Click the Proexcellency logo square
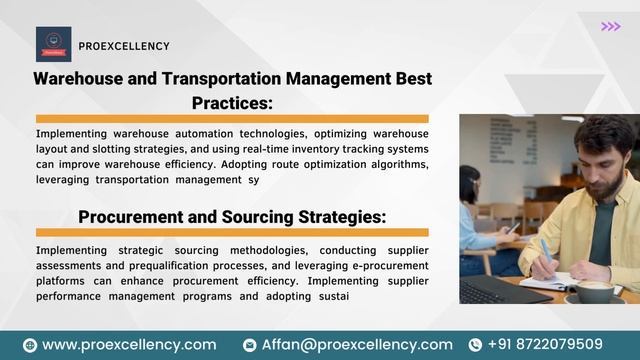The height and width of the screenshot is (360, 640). point(53,44)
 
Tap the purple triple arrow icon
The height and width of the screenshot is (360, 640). point(610,26)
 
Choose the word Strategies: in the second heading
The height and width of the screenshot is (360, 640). point(328,216)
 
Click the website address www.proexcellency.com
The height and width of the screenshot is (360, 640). point(129,344)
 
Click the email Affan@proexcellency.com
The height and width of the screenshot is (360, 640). point(357,344)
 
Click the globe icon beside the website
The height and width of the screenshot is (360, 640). point(30,345)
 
